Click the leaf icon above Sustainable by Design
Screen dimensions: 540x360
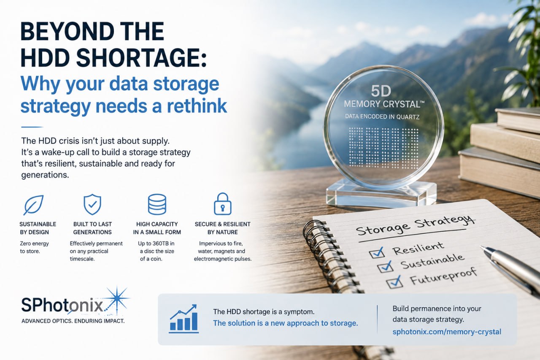(x=33, y=205)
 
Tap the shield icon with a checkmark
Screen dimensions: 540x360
(x=92, y=204)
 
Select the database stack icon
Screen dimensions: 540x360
(x=157, y=204)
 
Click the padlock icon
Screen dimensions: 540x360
(x=222, y=204)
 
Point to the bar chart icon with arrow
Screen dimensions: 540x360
(x=184, y=319)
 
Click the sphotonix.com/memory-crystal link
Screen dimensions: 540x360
(x=447, y=332)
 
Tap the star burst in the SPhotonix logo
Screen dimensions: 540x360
(x=117, y=299)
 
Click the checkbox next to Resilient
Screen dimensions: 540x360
(x=377, y=252)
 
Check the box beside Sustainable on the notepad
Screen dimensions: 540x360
(x=386, y=267)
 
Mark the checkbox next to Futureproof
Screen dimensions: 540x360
(x=394, y=282)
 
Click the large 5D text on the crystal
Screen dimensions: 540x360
(x=381, y=91)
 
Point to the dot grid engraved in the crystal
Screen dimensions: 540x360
(x=384, y=148)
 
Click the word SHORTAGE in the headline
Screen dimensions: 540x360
(x=141, y=58)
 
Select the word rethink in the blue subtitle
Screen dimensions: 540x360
(x=197, y=106)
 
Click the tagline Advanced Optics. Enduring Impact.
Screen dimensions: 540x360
(x=73, y=321)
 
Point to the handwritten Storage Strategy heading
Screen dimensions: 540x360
(x=415, y=225)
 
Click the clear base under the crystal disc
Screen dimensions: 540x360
(x=381, y=193)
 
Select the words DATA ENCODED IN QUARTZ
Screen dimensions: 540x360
(x=382, y=117)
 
